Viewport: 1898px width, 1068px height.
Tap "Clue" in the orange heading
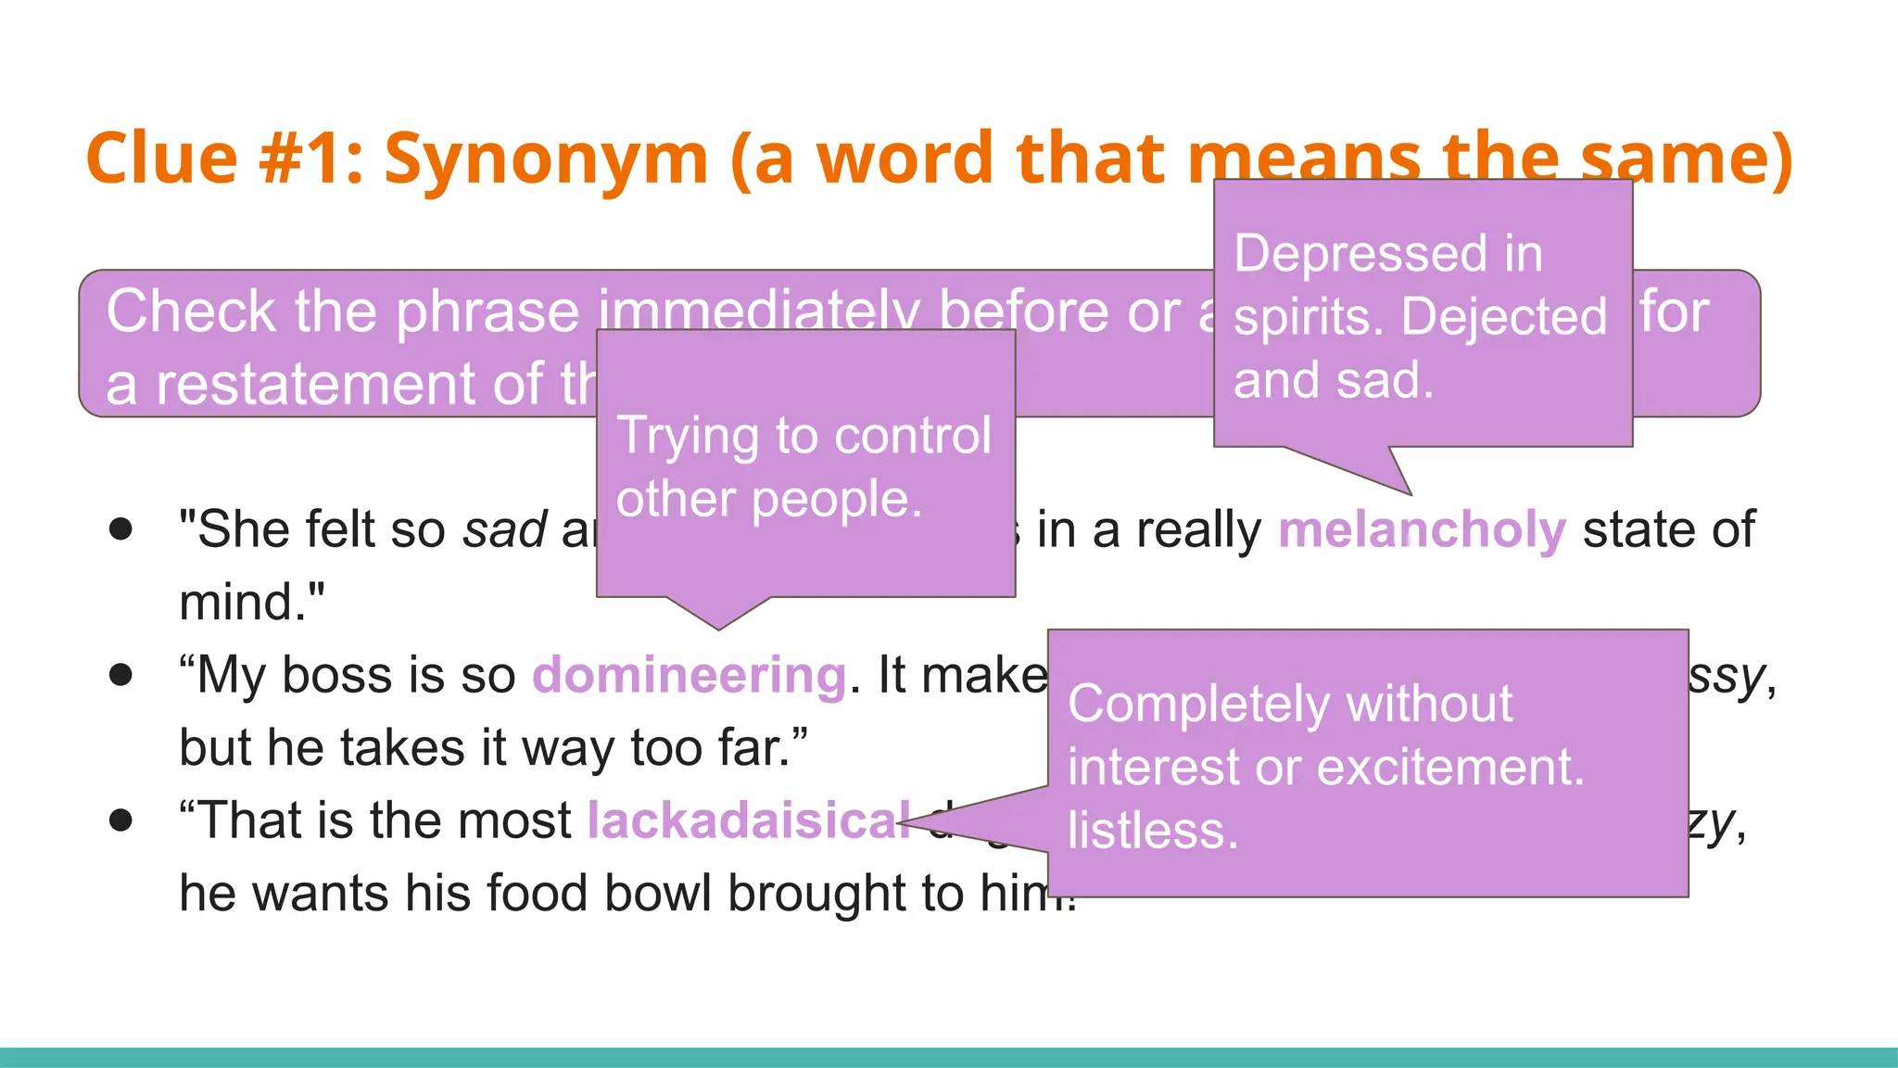click(x=161, y=158)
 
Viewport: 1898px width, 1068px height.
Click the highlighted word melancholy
click(x=1422, y=530)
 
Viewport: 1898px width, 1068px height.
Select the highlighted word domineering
click(x=689, y=675)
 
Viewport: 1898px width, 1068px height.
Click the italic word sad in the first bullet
click(x=505, y=530)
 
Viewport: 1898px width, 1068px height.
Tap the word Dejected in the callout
click(x=1503, y=317)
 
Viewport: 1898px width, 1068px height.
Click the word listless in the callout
click(x=1152, y=830)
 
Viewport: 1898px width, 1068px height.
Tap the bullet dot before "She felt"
click(x=120, y=529)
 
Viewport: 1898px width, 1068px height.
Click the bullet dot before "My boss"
click(x=120, y=674)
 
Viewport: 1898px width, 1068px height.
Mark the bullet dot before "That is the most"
click(x=120, y=820)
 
